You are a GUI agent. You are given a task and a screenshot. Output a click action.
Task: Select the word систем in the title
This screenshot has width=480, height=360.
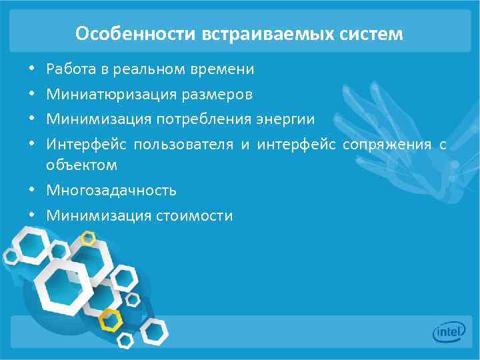tap(377, 33)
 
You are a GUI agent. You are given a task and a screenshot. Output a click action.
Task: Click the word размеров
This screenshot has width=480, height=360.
tap(216, 95)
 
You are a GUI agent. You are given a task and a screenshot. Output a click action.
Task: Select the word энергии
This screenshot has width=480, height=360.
tap(285, 119)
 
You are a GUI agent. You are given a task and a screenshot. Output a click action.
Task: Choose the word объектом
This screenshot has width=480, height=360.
tap(82, 165)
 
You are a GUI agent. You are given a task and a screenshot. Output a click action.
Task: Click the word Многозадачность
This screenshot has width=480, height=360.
tap(111, 191)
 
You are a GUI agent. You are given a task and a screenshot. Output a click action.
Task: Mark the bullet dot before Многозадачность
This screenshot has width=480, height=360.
tap(31, 191)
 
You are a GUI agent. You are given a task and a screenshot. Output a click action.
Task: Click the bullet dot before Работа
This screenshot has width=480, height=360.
tap(31, 69)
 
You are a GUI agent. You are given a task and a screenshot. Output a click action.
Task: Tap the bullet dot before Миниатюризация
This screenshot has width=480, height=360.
tap(31, 95)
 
